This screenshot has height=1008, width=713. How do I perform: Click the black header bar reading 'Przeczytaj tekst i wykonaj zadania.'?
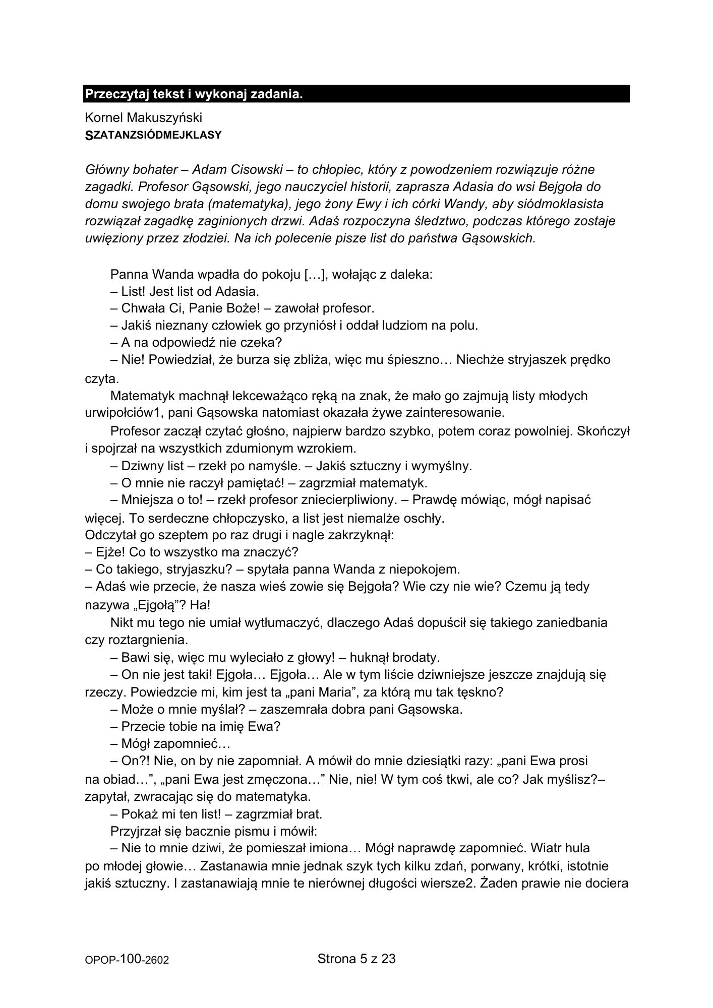[356, 94]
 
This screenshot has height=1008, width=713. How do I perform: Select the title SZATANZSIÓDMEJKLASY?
[153, 135]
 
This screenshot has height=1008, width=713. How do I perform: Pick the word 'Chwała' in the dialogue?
[140, 308]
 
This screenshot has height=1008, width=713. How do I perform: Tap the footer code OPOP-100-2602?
[127, 961]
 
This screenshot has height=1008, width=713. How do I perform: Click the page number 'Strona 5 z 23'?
[356, 959]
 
